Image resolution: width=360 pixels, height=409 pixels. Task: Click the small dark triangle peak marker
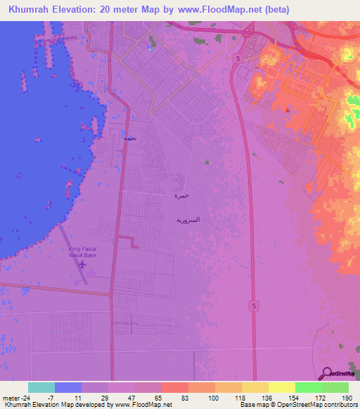[x=287, y=110]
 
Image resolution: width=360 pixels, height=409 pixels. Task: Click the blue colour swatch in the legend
[x=68, y=387]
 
